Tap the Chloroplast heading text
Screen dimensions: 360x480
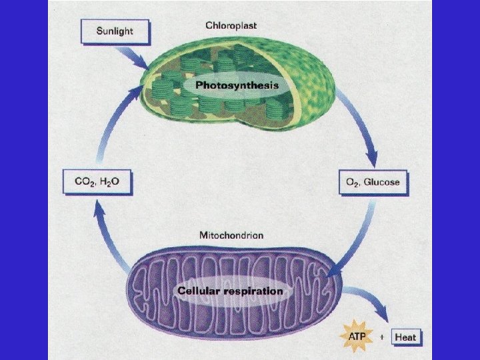pos(231,25)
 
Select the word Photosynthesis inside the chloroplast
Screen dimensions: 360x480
pos(237,85)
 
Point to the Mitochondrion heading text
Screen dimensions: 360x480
pos(231,235)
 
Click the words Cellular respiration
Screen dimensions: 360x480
pos(230,291)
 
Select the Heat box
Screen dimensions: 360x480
pos(405,337)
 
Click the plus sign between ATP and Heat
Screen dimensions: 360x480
pos(381,337)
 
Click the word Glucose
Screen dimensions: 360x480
pos(383,182)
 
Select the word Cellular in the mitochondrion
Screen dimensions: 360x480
pos(199,291)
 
